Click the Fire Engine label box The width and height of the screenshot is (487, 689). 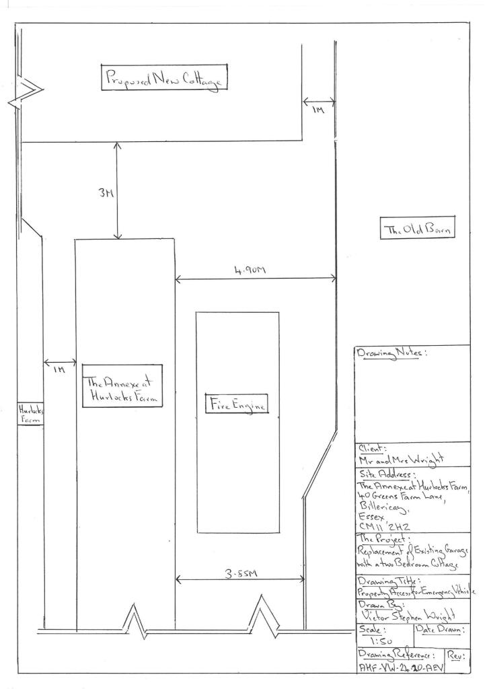pyautogui.click(x=237, y=405)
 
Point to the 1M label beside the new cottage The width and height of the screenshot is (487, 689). pyautogui.click(x=317, y=114)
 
